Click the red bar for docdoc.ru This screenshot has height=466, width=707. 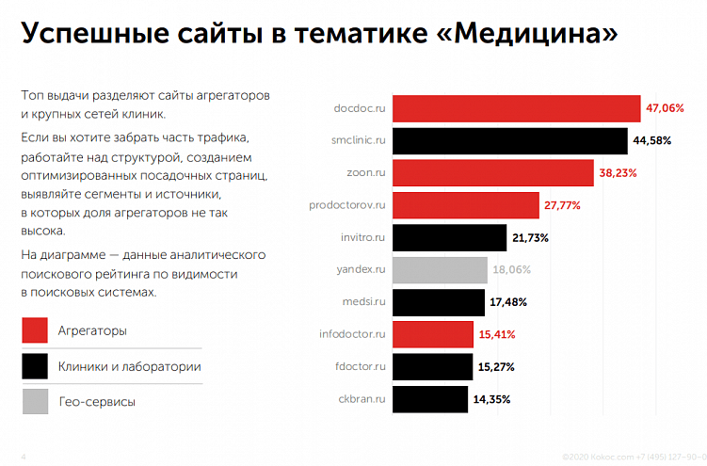click(516, 108)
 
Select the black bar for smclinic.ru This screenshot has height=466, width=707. click(509, 141)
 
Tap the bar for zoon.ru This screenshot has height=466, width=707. click(492, 173)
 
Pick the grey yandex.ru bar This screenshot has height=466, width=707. click(439, 270)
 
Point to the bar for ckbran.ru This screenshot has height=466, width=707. click(429, 399)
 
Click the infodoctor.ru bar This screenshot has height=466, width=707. click(432, 334)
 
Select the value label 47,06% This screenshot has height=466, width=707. click(665, 108)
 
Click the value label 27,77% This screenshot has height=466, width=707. click(562, 205)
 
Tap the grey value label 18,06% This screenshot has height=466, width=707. click(511, 270)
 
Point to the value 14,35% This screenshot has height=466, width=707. click(491, 399)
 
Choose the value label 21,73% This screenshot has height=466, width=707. click(530, 238)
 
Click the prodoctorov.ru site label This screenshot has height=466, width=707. click(347, 205)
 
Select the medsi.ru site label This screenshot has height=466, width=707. click(364, 302)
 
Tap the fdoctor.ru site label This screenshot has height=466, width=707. click(361, 366)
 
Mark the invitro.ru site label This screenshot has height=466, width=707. click(362, 238)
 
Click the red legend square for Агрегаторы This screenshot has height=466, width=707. click(35, 330)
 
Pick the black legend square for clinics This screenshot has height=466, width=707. click(35, 366)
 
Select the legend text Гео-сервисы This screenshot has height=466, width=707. click(96, 402)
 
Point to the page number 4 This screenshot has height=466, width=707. click(23, 457)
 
